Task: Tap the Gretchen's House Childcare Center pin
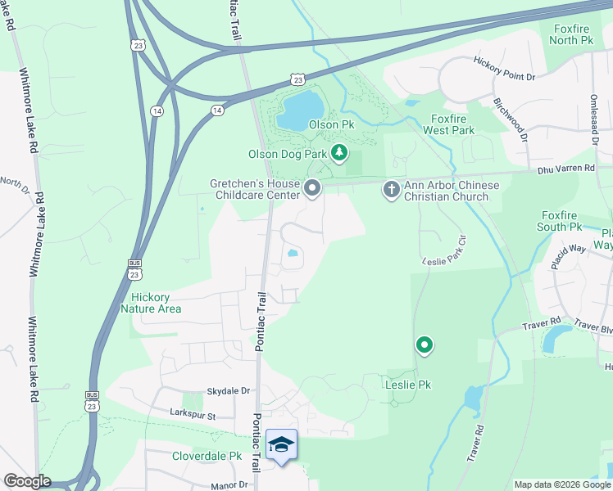click(312, 189)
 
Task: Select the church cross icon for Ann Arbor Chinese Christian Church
click(391, 190)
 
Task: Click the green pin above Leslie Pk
click(424, 347)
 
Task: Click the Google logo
click(27, 481)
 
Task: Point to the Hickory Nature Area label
click(151, 303)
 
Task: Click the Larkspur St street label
click(192, 415)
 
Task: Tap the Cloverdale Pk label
click(207, 456)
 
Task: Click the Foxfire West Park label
click(453, 124)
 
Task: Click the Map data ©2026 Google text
click(562, 484)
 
